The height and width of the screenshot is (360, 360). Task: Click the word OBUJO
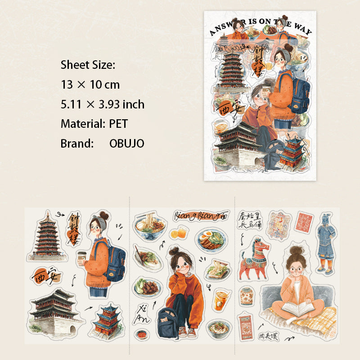click(126, 144)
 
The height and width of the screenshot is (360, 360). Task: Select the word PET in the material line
click(119, 124)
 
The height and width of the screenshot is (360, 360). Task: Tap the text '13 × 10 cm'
click(90, 85)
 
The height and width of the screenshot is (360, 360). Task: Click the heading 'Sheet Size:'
click(88, 65)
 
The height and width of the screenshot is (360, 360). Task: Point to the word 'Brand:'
click(77, 144)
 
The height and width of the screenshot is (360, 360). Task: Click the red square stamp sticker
click(306, 222)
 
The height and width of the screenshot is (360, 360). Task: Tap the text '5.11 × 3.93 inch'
click(103, 104)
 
